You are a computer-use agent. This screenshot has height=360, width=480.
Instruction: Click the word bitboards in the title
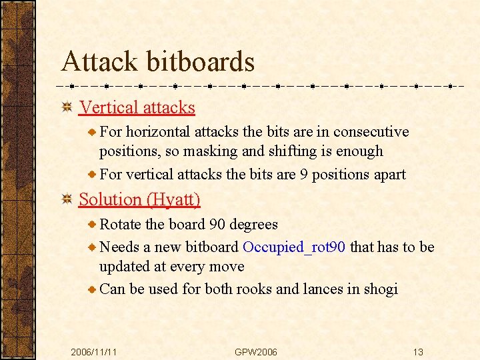200,62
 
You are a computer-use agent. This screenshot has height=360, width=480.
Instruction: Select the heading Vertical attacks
137,107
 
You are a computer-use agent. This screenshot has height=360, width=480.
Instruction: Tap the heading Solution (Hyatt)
139,199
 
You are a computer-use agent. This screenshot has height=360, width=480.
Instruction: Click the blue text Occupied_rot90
294,247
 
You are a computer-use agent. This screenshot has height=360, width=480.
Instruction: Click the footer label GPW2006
256,351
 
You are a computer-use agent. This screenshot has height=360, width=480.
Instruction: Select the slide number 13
418,351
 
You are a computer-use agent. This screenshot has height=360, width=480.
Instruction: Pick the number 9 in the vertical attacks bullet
304,175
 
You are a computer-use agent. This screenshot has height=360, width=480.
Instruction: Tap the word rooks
253,289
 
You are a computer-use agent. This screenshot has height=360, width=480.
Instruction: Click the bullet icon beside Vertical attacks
67,107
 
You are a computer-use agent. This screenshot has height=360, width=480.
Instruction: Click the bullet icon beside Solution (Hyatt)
67,199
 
